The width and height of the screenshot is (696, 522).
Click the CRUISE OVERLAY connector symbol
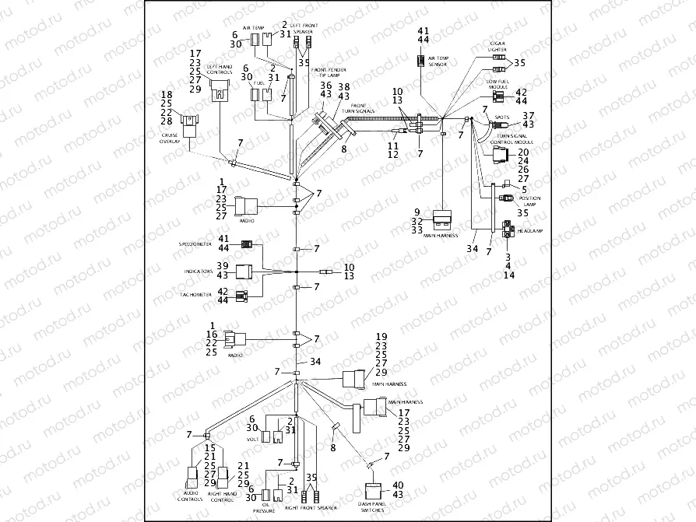click(x=189, y=121)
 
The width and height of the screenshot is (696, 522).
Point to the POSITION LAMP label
click(x=529, y=201)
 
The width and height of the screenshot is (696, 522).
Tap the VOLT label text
click(x=252, y=439)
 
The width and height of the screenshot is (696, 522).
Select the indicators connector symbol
click(x=244, y=272)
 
